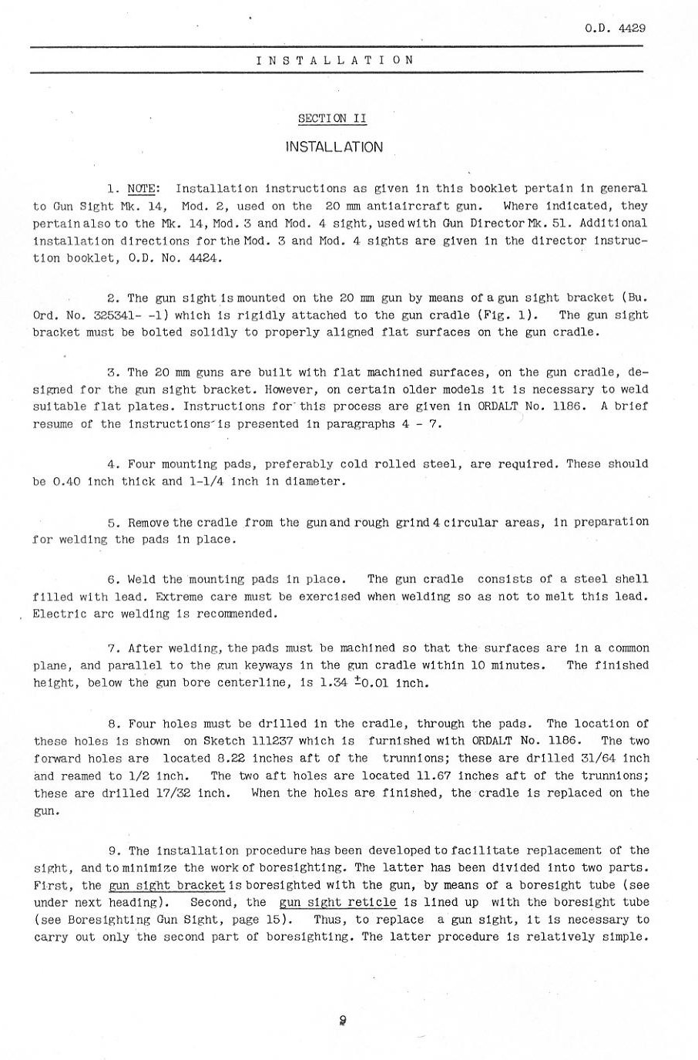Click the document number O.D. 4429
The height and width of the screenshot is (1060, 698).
pos(614,29)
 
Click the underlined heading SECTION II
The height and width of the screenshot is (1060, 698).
pos(333,119)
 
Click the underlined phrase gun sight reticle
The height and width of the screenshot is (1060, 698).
pos(337,903)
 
